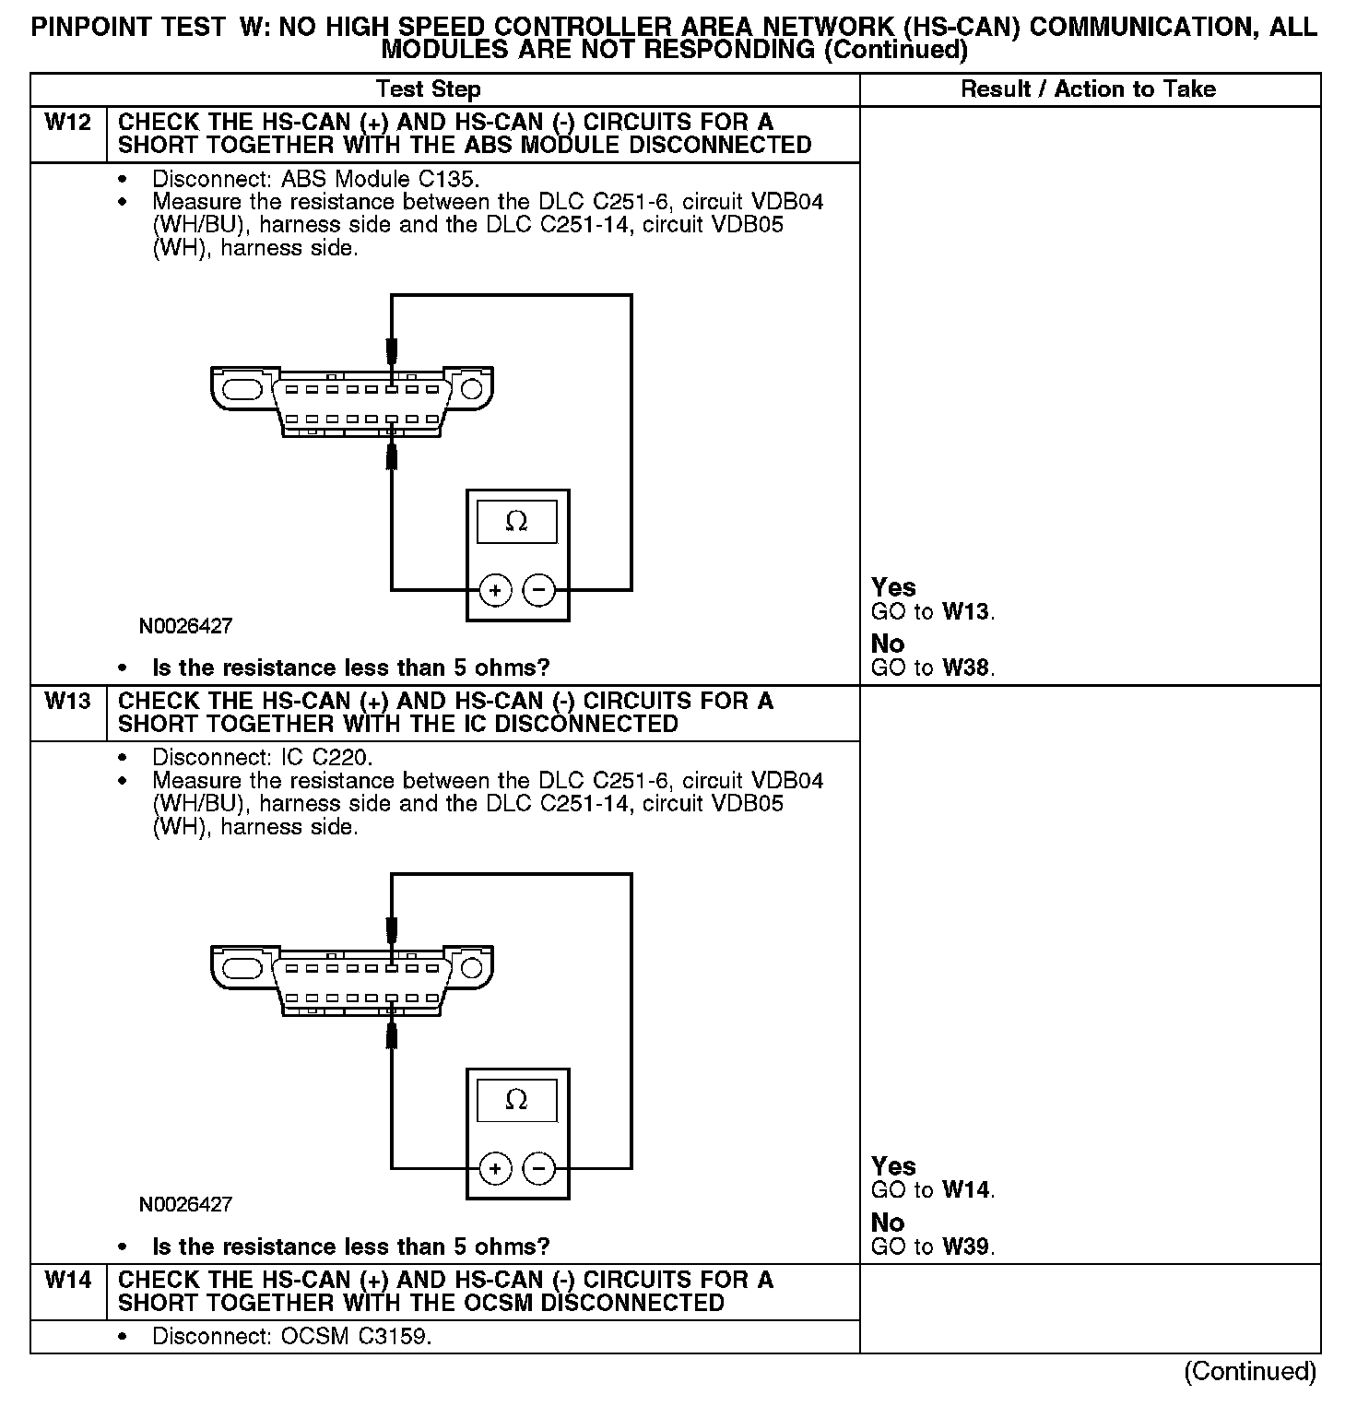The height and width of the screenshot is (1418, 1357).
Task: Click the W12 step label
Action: [67, 123]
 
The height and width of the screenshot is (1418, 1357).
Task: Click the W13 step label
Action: [67, 702]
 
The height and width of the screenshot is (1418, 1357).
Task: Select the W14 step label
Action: [67, 1281]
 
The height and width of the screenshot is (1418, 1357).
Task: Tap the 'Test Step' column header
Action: [428, 89]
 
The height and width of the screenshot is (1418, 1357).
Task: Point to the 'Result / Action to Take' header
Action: [1088, 89]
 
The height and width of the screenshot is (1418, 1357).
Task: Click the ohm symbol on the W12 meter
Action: [516, 522]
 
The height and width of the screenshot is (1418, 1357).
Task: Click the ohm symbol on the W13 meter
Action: [516, 1100]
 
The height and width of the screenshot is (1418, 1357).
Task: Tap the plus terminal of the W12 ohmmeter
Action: [495, 590]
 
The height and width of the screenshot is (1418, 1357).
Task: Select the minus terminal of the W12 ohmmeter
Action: [539, 590]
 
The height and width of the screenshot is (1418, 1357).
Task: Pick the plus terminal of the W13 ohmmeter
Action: [495, 1169]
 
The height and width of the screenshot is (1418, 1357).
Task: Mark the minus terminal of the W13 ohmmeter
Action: [539, 1169]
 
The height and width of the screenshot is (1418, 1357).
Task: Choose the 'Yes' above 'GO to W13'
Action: [893, 587]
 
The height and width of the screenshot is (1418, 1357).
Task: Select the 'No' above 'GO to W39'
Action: [888, 1223]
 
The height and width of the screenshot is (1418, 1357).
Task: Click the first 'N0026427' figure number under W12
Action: [185, 626]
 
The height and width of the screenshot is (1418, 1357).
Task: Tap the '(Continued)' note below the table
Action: [1249, 1372]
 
